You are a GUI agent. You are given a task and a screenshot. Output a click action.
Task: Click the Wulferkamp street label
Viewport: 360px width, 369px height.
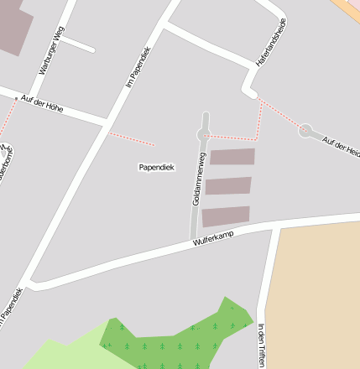tap(211, 239)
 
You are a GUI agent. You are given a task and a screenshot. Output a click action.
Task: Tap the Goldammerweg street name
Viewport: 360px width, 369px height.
tap(199, 179)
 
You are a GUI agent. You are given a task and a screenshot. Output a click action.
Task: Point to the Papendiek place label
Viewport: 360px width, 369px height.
tap(156, 167)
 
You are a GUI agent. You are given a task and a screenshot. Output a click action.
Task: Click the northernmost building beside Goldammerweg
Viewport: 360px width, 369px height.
tap(232, 157)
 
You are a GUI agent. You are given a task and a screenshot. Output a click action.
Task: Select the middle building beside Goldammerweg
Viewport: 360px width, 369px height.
tap(228, 185)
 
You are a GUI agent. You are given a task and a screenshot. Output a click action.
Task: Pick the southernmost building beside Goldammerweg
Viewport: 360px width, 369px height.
tap(226, 216)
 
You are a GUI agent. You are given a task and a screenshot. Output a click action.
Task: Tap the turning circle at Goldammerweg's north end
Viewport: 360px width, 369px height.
tap(202, 134)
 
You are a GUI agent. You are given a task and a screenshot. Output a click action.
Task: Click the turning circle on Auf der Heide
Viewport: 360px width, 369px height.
tap(305, 130)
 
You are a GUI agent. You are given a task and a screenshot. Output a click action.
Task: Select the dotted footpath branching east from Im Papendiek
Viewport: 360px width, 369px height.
tap(132, 138)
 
